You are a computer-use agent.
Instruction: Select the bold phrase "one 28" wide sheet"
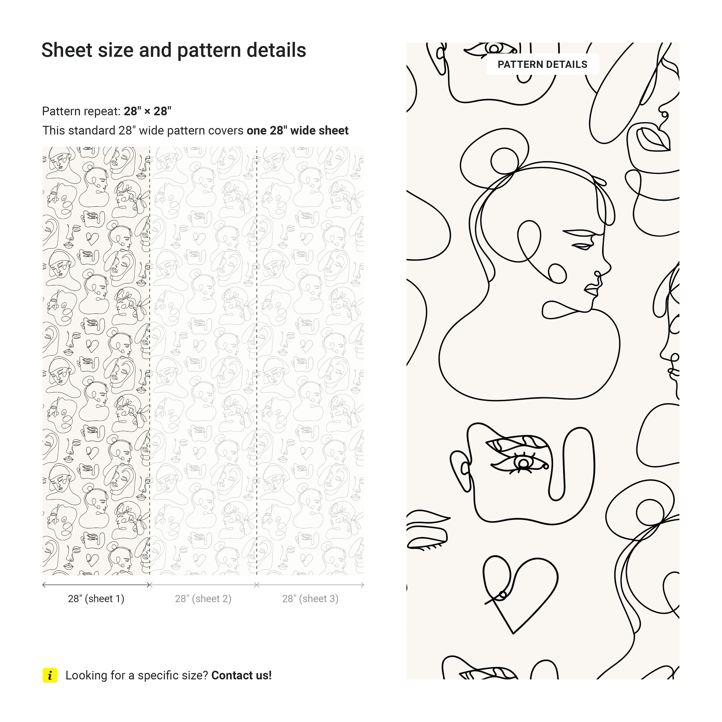click(297, 130)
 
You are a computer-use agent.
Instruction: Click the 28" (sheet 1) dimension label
click(96, 599)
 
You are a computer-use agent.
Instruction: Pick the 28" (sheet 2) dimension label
click(203, 599)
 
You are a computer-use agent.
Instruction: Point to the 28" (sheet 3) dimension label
click(310, 599)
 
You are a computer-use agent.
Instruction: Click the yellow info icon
click(50, 675)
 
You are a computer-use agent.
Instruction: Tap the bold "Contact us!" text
click(241, 675)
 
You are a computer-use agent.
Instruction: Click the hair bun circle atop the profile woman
click(504, 161)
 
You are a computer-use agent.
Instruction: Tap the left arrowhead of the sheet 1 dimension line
click(44, 585)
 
